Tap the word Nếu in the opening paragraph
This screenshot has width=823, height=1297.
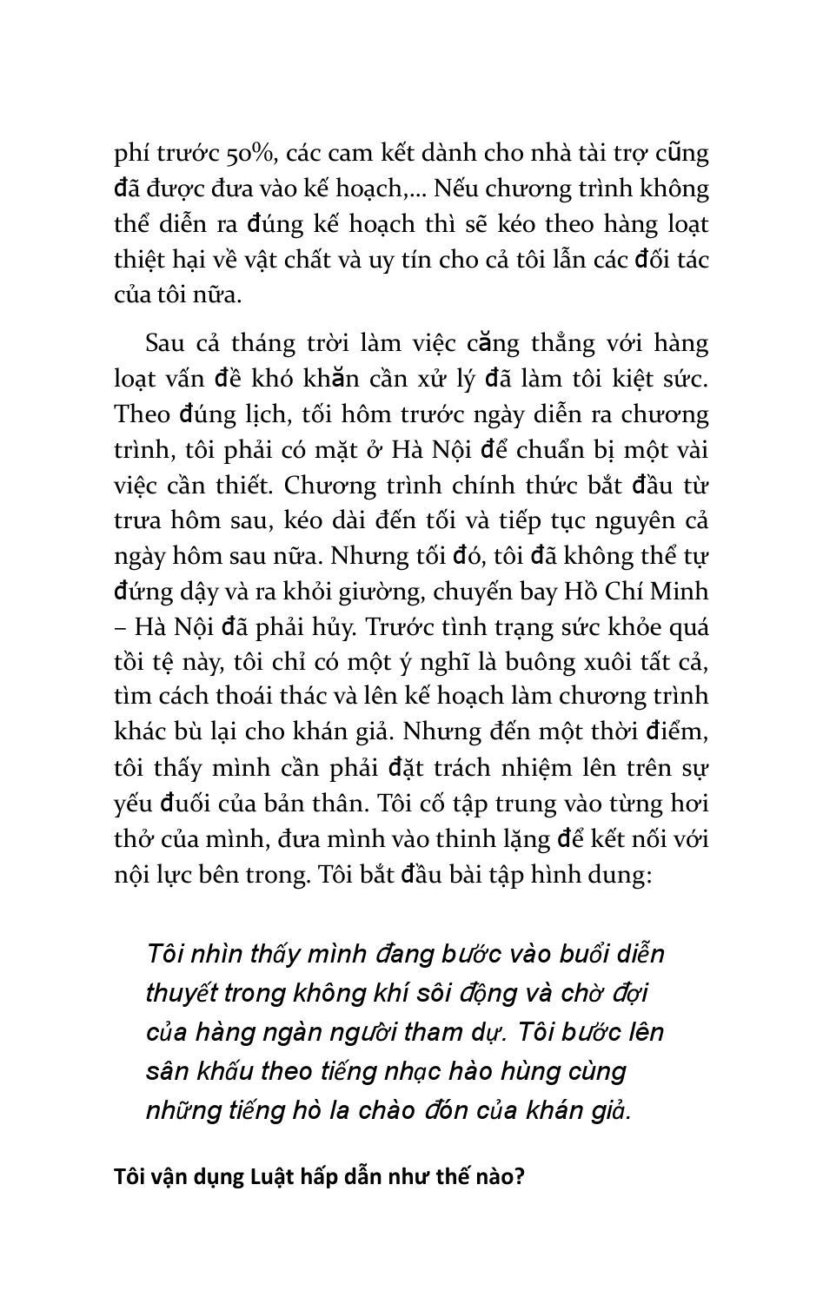tap(455, 189)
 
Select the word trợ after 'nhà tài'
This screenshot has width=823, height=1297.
tap(635, 154)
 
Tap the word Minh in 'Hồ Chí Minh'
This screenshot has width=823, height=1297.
tap(676, 592)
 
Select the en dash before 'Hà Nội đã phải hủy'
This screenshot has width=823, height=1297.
tap(120, 627)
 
